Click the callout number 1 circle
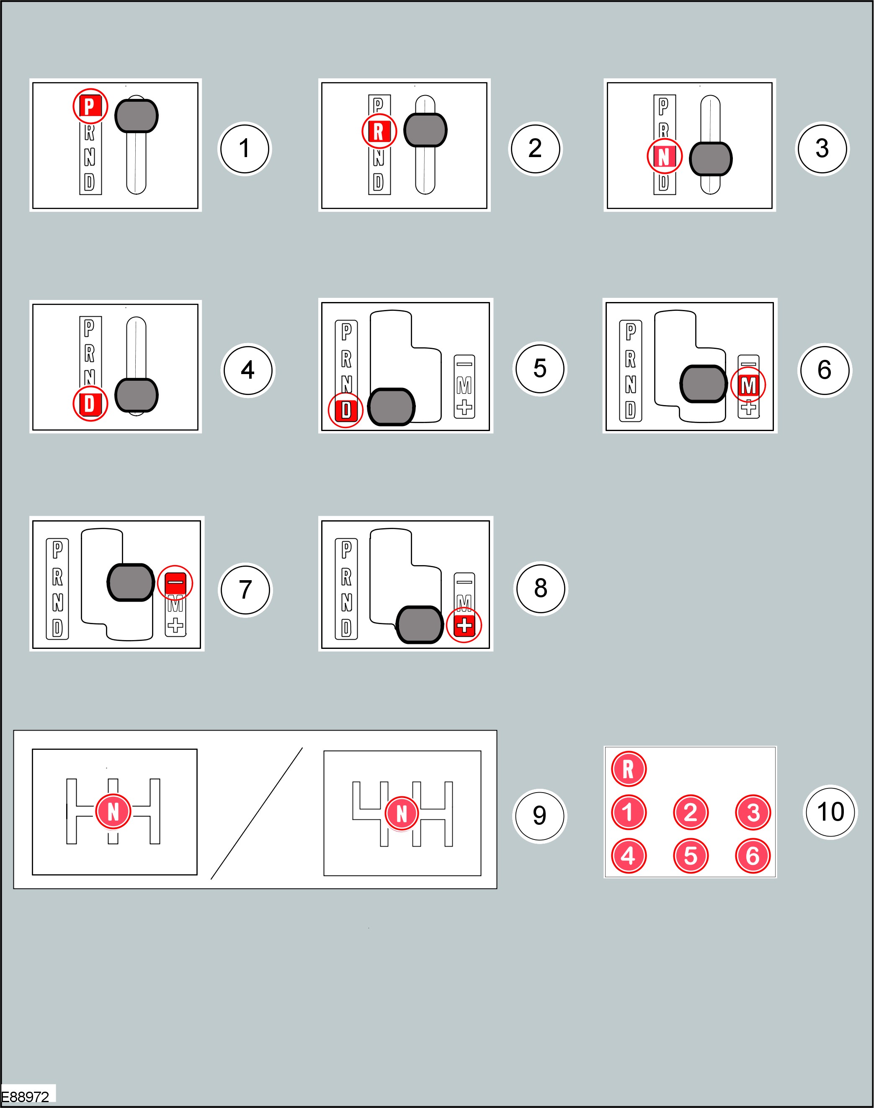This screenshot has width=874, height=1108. (x=245, y=148)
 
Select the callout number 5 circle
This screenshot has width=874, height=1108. (x=540, y=369)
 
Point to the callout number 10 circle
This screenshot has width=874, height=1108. (x=830, y=812)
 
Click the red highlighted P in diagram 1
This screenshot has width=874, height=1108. (x=90, y=106)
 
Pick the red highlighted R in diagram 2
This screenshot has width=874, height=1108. (x=379, y=132)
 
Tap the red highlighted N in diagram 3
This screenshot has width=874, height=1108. (x=664, y=156)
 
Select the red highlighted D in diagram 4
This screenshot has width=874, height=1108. (x=90, y=404)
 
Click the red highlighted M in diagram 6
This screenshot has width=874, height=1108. (x=748, y=385)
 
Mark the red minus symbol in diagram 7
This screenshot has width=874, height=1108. (x=175, y=583)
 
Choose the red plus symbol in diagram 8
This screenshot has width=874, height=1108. (x=464, y=625)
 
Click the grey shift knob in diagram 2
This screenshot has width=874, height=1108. (x=425, y=130)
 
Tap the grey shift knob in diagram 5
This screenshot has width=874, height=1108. (x=392, y=407)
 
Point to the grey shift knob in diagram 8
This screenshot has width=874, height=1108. (x=420, y=624)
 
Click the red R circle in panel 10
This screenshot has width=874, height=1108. (x=628, y=769)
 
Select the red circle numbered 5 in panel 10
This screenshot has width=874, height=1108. (x=690, y=856)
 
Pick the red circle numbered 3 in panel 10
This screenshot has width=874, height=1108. (x=753, y=812)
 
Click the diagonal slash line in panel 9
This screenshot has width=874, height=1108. (x=256, y=813)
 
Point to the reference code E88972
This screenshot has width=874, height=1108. (x=25, y=1097)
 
